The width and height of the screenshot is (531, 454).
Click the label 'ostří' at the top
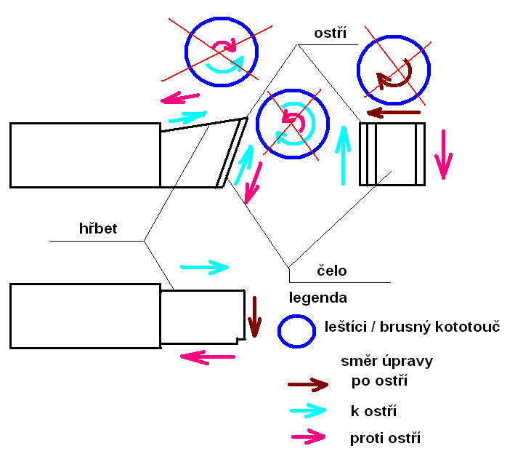pos(331,33)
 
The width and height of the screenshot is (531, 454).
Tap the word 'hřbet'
pos(98,229)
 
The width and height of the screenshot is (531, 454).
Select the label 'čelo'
pos(332,271)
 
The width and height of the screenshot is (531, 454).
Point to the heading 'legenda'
pos(317,298)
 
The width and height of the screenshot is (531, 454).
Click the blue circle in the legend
pos(296,331)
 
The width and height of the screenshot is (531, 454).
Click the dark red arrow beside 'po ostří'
pos(308,384)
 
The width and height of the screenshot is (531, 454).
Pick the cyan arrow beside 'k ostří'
pos(308,410)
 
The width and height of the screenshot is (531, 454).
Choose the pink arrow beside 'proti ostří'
pos(308,437)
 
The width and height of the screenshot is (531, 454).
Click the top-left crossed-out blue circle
pos(222,51)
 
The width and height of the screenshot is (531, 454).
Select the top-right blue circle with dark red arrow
pos(393,71)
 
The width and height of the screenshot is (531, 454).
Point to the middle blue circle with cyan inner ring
pos(292,123)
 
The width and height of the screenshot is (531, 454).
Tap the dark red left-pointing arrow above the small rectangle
pos(393,112)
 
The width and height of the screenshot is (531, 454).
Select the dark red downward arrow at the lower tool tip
pos(254,316)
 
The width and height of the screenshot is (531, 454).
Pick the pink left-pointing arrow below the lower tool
pos(207,357)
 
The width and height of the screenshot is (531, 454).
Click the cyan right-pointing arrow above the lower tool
pos(203,268)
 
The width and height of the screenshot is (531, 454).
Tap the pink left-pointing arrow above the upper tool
pos(180,97)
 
